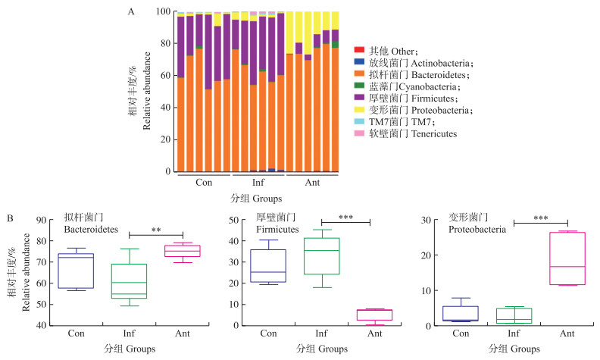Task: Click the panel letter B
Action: [x=8, y=218]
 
